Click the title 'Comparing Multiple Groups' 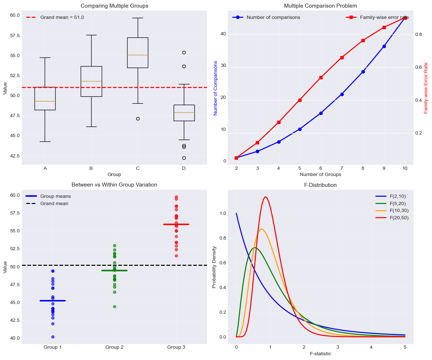[x=114, y=6]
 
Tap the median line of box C [x=138, y=55]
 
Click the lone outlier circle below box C [x=138, y=119]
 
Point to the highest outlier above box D [x=184, y=52]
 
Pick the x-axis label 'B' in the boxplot [x=91, y=168]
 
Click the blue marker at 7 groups [x=342, y=94]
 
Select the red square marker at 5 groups [x=300, y=100]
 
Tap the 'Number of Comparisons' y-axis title [x=215, y=88]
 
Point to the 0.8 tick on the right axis [x=419, y=35]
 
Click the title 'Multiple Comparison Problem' [x=320, y=6]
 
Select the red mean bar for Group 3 [x=176, y=224]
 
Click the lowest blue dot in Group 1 [x=53, y=337]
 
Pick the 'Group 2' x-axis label [x=114, y=347]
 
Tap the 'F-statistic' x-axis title [x=320, y=353]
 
